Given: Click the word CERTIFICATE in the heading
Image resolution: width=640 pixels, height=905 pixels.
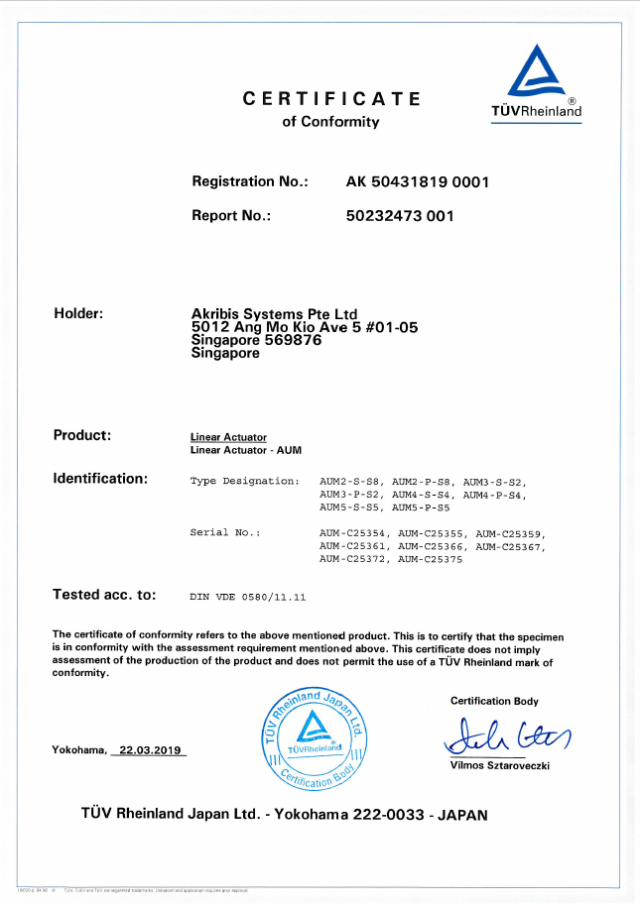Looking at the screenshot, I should [331, 99].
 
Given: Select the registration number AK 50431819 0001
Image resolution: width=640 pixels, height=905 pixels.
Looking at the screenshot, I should [418, 182].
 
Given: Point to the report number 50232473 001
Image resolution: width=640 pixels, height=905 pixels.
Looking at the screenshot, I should [399, 216].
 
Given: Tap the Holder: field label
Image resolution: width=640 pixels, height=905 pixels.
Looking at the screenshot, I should [78, 313].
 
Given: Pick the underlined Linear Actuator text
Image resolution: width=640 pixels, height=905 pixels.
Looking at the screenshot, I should [228, 437].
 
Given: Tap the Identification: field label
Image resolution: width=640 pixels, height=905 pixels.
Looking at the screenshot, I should [100, 479].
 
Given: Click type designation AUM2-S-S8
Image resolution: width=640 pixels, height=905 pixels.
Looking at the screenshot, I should [351, 481].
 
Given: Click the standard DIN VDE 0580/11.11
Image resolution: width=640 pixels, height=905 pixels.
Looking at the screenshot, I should [247, 598].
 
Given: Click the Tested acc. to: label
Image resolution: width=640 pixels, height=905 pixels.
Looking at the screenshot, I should [104, 596].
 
